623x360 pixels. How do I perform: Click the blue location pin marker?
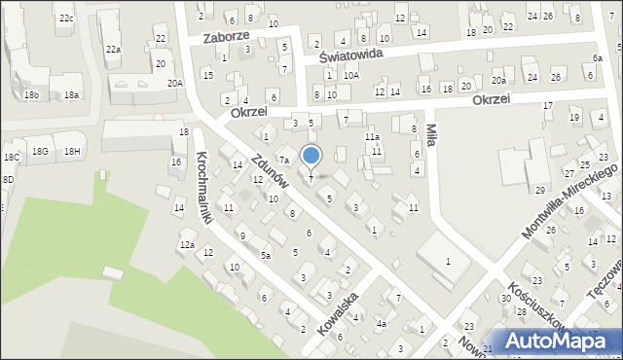311,157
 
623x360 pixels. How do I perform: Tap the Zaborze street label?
227,36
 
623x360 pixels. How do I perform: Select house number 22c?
65,18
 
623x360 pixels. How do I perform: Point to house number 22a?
114,50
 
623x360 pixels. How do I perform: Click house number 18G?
40,151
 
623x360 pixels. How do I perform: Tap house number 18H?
72,151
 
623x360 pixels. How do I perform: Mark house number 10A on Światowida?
350,75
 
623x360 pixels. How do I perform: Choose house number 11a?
372,137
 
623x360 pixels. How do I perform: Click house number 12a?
187,244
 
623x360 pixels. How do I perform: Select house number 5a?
265,255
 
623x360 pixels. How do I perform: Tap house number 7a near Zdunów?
284,160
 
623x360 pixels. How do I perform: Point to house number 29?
539,190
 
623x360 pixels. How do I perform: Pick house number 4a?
382,323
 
